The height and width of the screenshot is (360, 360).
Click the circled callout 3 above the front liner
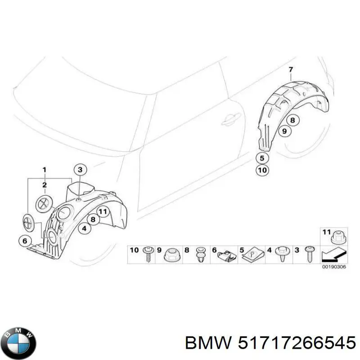point(80,170)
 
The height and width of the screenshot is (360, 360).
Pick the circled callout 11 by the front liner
point(103,211)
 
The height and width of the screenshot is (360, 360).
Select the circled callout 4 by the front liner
point(84,229)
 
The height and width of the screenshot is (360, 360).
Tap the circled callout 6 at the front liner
point(25,241)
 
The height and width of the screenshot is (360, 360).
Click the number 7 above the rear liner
point(291,69)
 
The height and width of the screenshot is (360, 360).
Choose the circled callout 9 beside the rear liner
point(283,131)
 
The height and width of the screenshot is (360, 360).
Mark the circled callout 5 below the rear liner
point(262,158)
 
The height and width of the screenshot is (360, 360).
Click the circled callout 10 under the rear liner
point(262,170)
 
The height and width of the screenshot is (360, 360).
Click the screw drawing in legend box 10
point(148,254)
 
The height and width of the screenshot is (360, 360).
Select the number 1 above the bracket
point(45,170)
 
